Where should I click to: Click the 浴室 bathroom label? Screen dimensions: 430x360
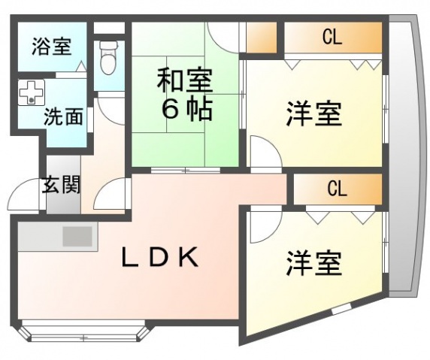coord(52,47)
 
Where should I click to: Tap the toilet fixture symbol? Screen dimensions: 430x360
coord(108,57)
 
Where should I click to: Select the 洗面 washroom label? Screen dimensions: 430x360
coord(64,116)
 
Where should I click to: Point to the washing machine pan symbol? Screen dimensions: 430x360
coord(32,92)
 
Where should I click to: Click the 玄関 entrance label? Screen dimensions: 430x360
coord(61,184)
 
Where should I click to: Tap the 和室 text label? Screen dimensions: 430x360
coord(185,80)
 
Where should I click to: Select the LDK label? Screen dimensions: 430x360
coord(160,257)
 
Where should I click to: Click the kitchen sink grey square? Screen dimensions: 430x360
coord(77,236)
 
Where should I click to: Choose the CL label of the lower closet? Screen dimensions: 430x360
coord(338,189)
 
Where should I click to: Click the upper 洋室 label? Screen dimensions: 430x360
coord(314,113)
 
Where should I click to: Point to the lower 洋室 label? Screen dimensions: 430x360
coord(314,263)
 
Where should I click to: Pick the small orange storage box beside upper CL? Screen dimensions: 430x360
coord(262,38)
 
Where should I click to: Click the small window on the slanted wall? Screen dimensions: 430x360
coord(342,310)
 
